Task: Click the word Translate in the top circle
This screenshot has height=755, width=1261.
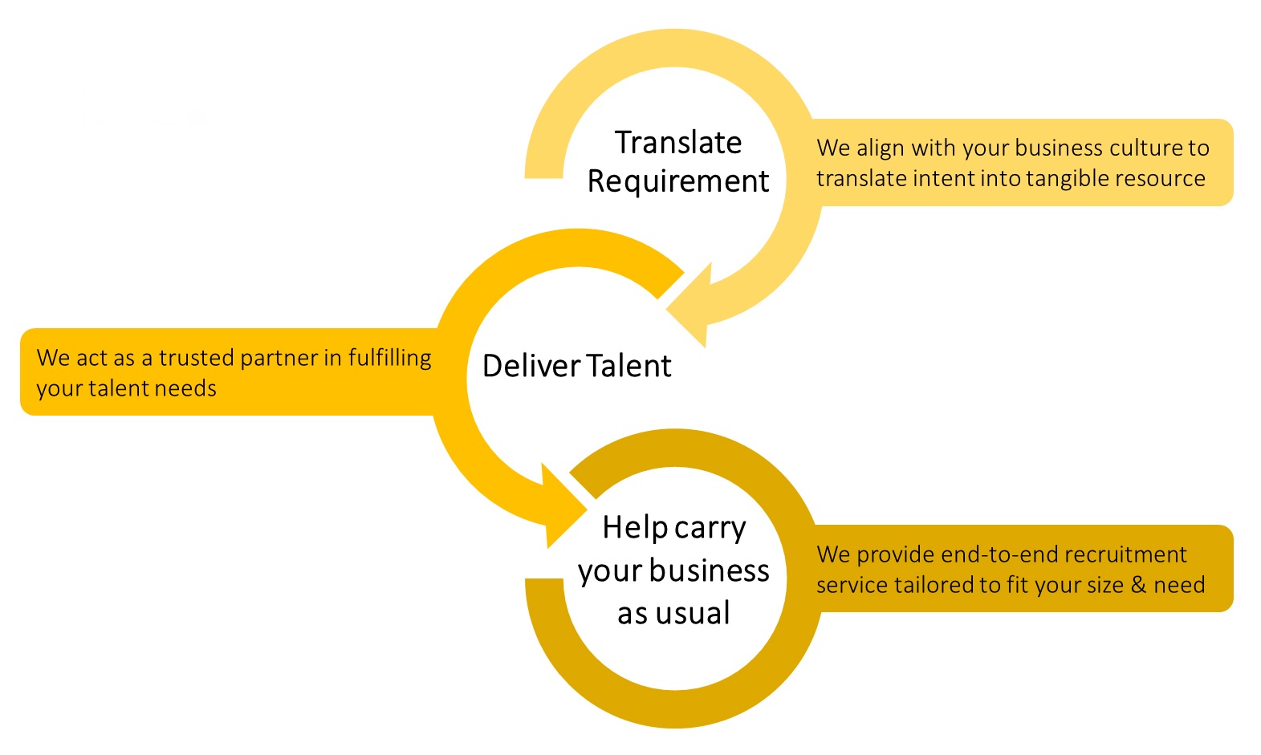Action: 678,143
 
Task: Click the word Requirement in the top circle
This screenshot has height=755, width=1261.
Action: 678,181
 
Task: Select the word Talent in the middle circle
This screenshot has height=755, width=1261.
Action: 628,366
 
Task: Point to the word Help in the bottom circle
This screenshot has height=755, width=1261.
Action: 635,527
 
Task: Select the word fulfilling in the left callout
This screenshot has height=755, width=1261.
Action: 389,358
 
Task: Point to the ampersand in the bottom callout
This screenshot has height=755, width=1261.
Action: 1138,585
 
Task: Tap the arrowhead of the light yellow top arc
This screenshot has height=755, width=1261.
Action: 689,309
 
